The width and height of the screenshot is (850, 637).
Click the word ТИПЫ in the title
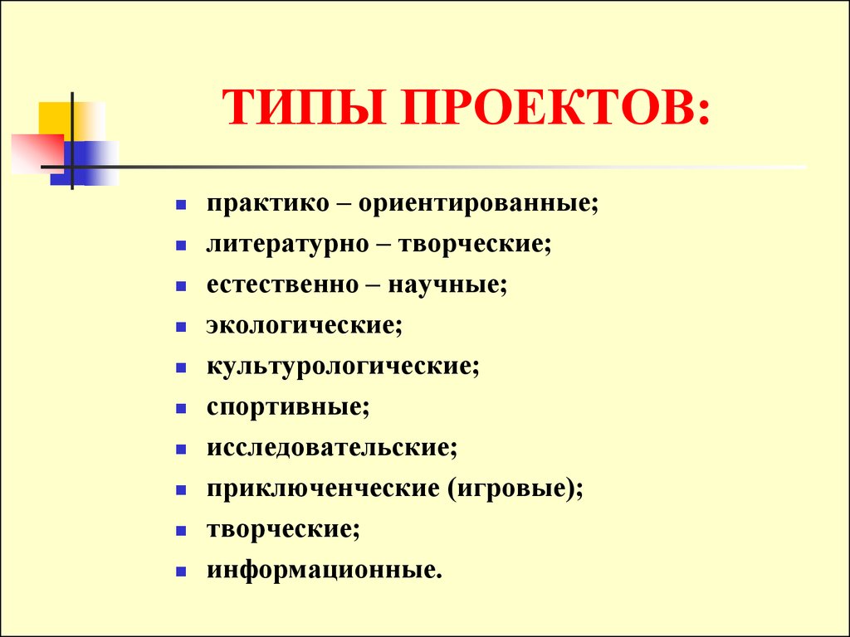coord(304,107)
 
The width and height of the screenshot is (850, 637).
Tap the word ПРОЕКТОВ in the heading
coord(549,107)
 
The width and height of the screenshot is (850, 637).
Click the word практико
coord(268,205)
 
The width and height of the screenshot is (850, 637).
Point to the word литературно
coord(287,245)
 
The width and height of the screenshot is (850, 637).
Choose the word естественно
coord(282,285)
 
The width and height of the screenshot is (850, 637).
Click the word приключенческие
coord(323,489)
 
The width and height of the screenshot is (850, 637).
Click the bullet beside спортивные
coord(181,408)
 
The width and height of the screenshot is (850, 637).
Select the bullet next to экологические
coord(181,327)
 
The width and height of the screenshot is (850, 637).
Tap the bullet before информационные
coord(181,571)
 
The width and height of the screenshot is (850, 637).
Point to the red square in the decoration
coord(37,153)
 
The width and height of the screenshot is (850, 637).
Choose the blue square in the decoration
coord(84,163)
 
